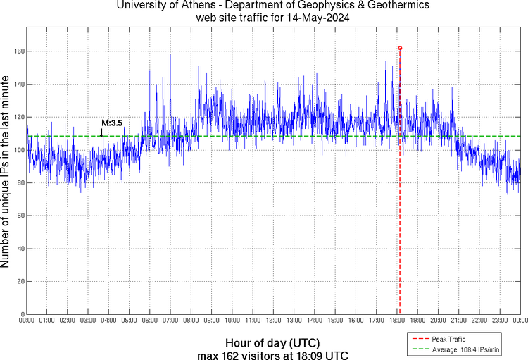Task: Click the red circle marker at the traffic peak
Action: click(400, 49)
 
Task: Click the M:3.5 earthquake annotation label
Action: click(112, 123)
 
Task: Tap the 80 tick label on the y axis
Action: click(19, 183)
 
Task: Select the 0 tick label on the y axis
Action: click(21, 314)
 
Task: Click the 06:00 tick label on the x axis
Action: click(150, 321)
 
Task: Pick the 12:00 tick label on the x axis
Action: click(273, 321)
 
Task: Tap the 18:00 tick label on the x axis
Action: click(397, 321)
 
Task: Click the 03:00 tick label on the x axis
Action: click(88, 321)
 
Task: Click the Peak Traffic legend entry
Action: click(448, 340)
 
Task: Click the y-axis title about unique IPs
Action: click(6, 173)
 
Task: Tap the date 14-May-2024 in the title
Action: click(311, 17)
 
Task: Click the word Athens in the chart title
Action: click(183, 6)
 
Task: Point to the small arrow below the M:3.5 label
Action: click(103, 132)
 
